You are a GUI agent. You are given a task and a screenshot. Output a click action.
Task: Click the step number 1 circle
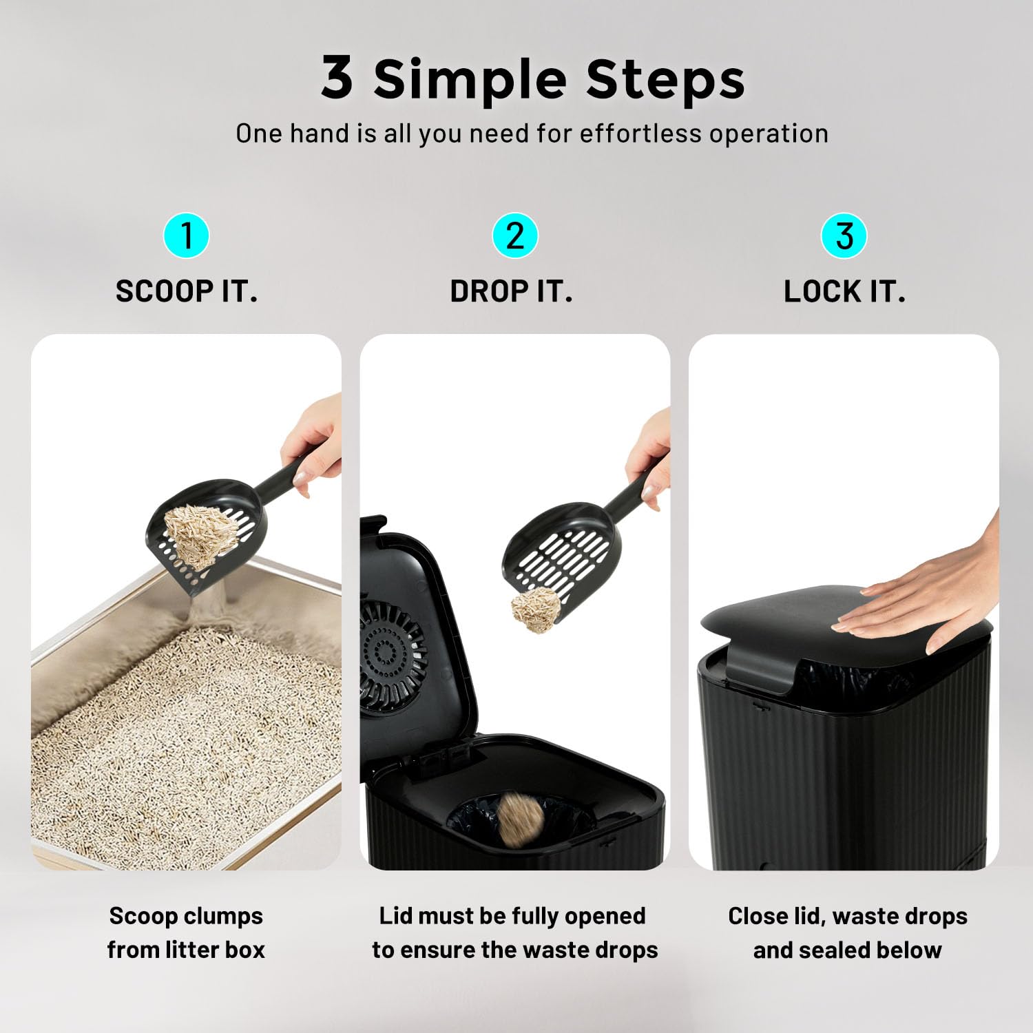click(x=186, y=236)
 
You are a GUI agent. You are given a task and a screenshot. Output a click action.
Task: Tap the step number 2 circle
click(x=514, y=236)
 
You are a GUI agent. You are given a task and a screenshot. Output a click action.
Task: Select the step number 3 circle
click(x=844, y=236)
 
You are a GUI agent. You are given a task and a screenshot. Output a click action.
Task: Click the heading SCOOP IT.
click(x=187, y=291)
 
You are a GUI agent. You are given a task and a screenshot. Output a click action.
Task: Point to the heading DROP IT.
click(x=511, y=291)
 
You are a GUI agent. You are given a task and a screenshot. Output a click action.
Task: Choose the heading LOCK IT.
click(x=844, y=291)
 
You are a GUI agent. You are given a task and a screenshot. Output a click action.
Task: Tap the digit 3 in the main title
click(x=337, y=76)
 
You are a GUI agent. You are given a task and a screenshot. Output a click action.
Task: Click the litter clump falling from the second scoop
click(x=536, y=609)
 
